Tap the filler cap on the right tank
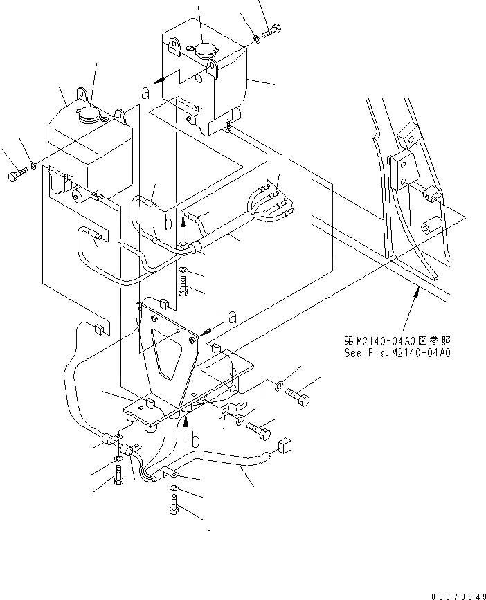click(x=204, y=50)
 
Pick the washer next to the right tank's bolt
click(x=257, y=40)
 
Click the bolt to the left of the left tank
click(x=17, y=176)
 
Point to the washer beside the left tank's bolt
click(x=33, y=166)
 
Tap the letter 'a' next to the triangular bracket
click(x=233, y=317)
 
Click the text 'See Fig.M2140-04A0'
click(x=397, y=352)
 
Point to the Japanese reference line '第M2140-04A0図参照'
click(x=397, y=341)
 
